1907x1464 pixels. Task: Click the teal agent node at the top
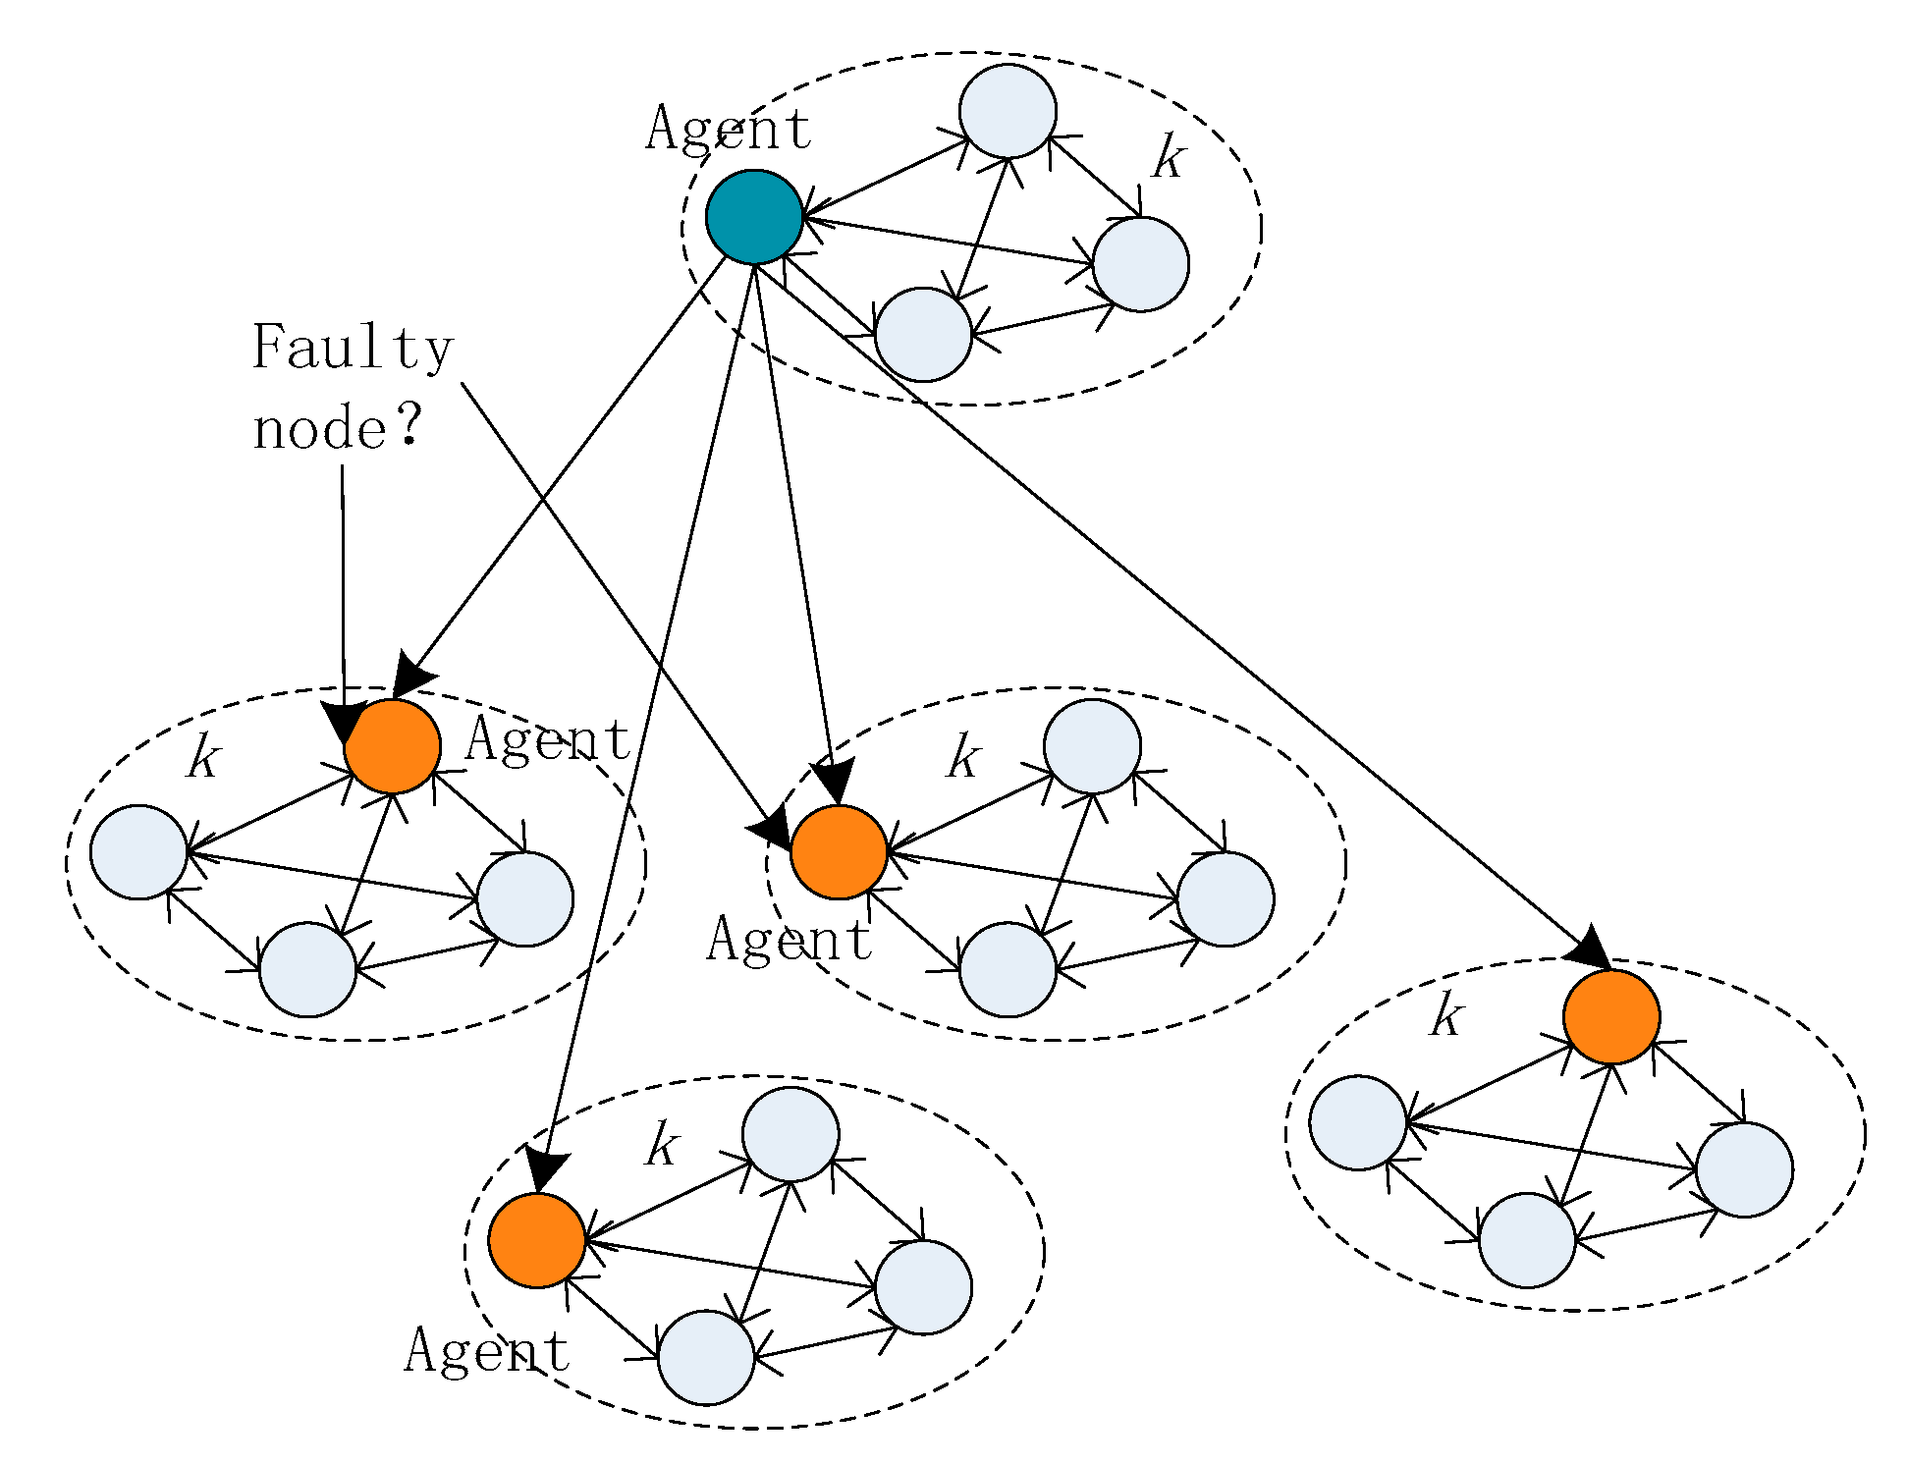click(754, 217)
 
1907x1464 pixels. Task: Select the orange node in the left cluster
click(392, 746)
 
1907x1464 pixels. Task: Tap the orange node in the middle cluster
click(839, 852)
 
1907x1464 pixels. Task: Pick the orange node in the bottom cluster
click(537, 1240)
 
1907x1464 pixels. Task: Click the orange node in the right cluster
click(1611, 1016)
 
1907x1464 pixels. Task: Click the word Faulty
click(352, 347)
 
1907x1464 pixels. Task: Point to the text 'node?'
click(337, 430)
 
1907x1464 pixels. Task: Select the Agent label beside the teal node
click(728, 129)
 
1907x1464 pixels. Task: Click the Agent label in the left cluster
click(547, 739)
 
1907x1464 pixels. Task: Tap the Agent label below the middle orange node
click(789, 939)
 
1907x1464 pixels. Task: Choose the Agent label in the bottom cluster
click(486, 1350)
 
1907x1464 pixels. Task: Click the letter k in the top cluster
click(1168, 157)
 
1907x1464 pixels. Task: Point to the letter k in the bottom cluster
click(661, 1144)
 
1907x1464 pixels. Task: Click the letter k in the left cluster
click(203, 757)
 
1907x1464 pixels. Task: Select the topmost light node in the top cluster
click(1008, 111)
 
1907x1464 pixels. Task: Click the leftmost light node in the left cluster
click(138, 851)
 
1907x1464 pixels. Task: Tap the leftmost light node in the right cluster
click(1358, 1122)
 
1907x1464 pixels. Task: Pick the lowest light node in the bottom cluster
click(706, 1357)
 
